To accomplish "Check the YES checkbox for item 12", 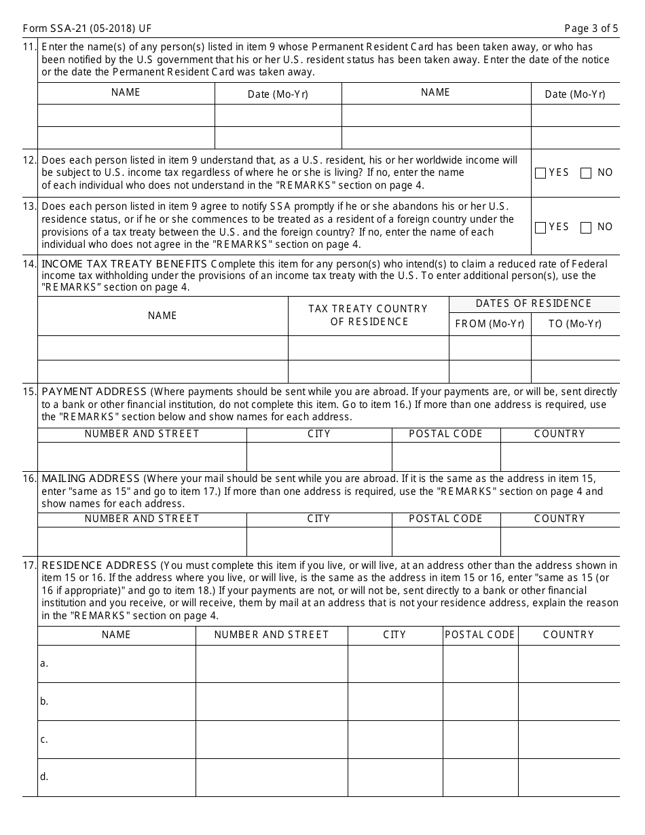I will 540,173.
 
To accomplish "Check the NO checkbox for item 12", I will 586,173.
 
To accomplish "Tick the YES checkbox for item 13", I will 540,227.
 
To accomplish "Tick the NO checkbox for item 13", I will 586,227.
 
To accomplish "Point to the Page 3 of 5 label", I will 591,29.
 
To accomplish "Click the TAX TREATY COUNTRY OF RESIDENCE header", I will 368,315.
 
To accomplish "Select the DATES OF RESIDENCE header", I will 534,303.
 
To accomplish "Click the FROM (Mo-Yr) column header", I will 490,324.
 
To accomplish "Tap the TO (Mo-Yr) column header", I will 574,324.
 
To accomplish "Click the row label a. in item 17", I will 44,663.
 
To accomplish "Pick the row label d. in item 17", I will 44,777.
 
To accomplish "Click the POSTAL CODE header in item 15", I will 445,434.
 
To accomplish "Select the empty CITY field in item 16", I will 318,541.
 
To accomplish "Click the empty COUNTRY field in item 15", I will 559,456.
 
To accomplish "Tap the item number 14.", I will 29,264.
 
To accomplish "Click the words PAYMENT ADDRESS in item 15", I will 94,392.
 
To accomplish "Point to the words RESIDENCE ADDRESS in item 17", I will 99,565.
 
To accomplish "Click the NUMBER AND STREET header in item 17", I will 272,635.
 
